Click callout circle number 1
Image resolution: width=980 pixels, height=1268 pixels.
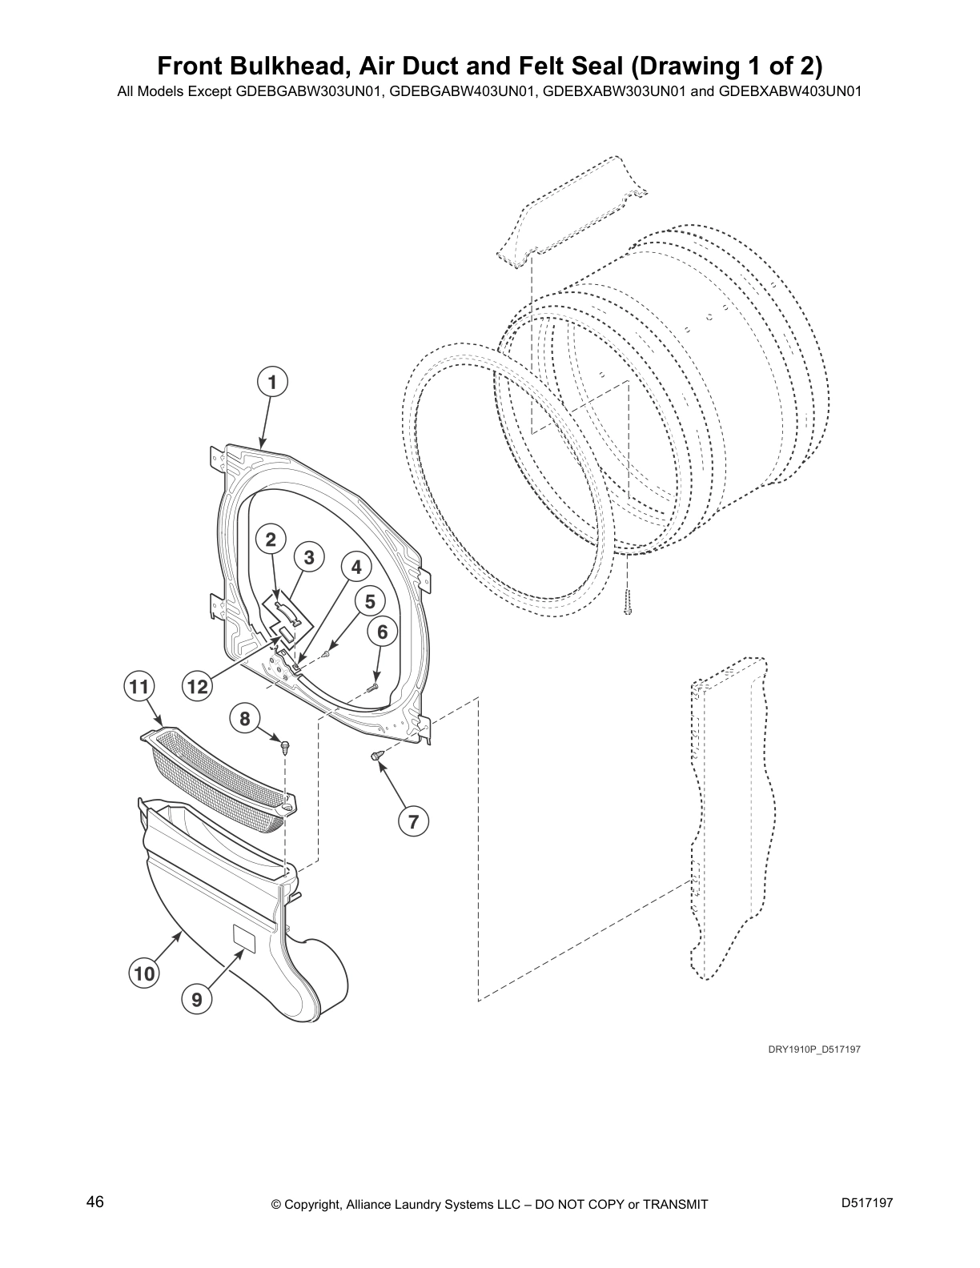click(272, 383)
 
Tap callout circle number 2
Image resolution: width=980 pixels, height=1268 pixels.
click(271, 540)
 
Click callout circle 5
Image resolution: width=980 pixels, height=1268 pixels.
click(370, 600)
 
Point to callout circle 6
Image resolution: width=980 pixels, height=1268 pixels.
click(383, 632)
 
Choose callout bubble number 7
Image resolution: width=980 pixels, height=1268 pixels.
click(414, 821)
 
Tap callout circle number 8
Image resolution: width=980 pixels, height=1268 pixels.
click(245, 718)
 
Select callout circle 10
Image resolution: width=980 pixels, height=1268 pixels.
click(144, 973)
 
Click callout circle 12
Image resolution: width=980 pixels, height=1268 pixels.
click(197, 686)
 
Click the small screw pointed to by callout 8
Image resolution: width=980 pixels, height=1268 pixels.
click(285, 746)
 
